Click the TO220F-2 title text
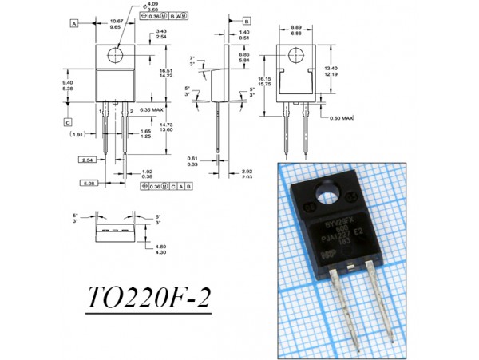point(149,303)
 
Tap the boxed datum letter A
point(73,25)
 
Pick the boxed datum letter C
point(68,123)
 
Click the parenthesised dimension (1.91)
point(77,135)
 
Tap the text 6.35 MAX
point(151,109)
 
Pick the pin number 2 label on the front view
point(131,110)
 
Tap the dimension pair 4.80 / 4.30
point(160,249)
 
